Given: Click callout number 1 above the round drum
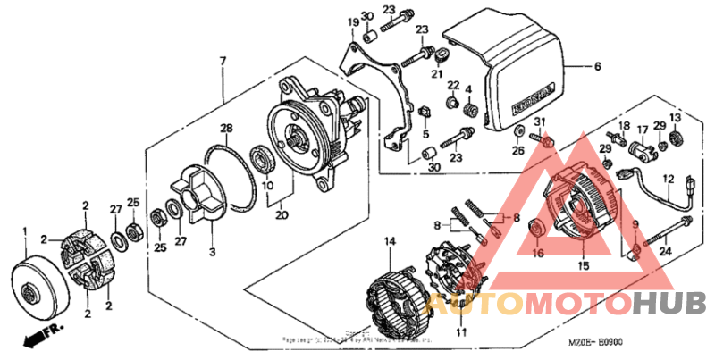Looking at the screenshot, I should click(x=26, y=231).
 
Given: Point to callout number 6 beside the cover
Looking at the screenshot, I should click(x=598, y=66).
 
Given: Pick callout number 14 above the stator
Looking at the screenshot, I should click(x=390, y=241).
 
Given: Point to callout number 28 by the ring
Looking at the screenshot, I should click(x=227, y=129).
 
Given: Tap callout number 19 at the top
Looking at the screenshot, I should click(x=352, y=21).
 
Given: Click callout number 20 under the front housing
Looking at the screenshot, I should click(x=282, y=214).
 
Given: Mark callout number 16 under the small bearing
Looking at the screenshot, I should click(x=538, y=254).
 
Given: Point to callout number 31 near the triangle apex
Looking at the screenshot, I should click(x=539, y=121).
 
